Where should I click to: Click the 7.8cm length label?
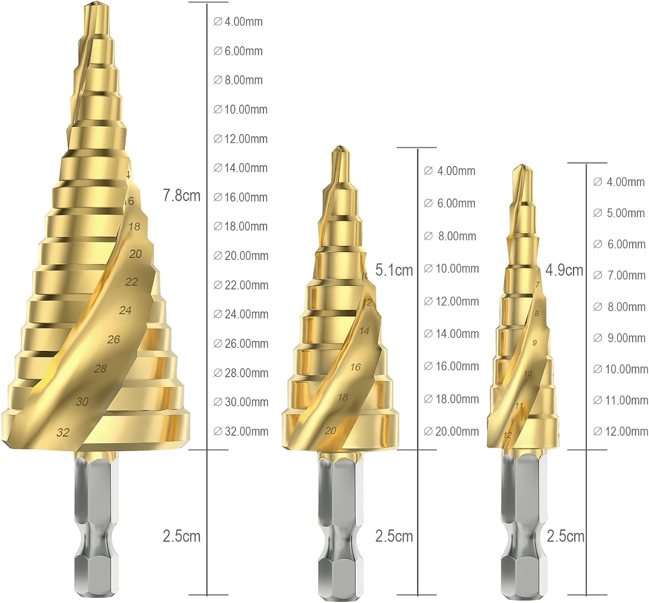(182, 196)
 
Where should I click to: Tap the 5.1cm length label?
(394, 270)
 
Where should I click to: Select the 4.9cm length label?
(564, 270)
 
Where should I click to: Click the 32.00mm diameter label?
(241, 431)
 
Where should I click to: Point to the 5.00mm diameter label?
(619, 213)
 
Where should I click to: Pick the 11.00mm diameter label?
(620, 400)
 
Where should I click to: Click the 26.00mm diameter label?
(241, 343)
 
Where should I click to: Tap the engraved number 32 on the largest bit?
(63, 433)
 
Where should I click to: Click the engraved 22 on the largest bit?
(132, 282)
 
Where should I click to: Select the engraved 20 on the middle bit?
(331, 430)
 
